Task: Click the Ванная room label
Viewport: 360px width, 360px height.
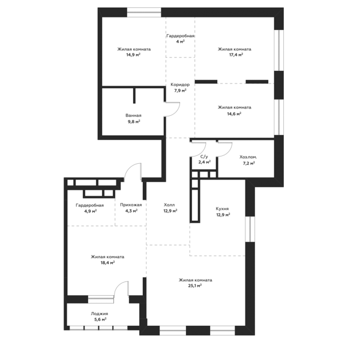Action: point(133,115)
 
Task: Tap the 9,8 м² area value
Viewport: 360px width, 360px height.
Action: point(134,121)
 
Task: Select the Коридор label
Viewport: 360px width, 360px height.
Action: point(180,85)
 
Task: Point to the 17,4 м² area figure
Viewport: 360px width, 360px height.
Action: point(234,55)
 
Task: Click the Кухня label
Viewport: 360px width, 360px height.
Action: point(222,209)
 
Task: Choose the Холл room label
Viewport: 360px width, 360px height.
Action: point(169,205)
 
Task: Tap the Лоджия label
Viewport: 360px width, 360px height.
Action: point(100,314)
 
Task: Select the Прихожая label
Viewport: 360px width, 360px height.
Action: point(131,205)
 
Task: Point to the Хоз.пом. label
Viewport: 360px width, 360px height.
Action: point(248,157)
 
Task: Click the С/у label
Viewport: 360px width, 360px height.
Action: point(204,157)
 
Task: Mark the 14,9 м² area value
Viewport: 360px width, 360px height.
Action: point(133,55)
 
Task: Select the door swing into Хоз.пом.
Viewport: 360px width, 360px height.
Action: point(229,151)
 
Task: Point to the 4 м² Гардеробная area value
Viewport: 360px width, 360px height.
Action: point(181,41)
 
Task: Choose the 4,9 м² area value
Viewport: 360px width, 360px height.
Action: point(90,211)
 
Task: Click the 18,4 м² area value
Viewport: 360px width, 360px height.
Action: point(107,263)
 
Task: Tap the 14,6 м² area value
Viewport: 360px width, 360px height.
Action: point(234,113)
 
